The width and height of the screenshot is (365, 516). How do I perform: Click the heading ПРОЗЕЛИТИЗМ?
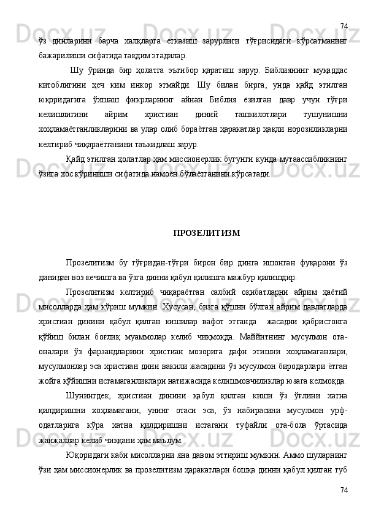click(207, 233)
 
